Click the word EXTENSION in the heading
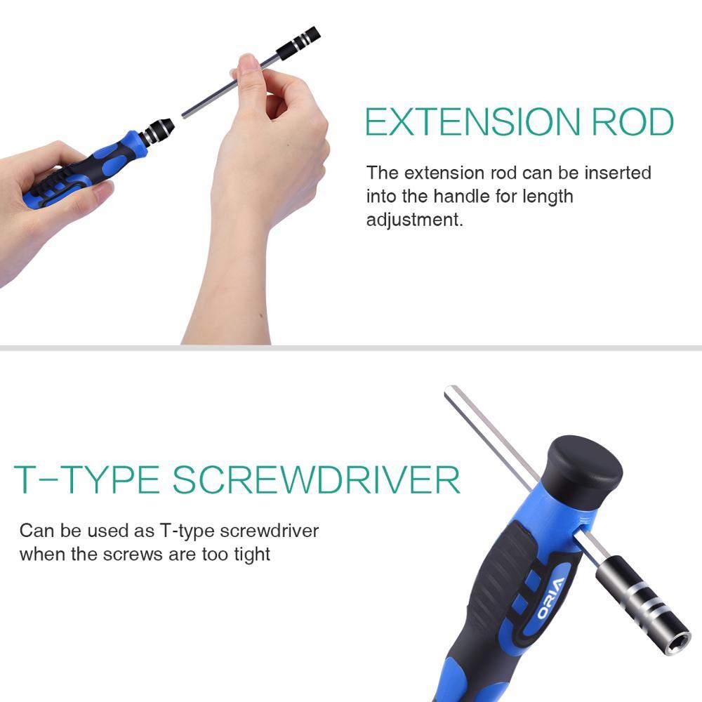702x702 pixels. (x=472, y=121)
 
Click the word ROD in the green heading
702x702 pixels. (x=633, y=121)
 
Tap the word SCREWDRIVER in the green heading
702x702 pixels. (x=316, y=479)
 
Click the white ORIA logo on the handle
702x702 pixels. (x=550, y=600)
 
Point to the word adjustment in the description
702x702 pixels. (x=415, y=220)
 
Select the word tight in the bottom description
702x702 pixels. (x=252, y=555)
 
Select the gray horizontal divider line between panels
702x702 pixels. (x=351, y=348)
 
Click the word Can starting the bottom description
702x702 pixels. (x=37, y=531)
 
